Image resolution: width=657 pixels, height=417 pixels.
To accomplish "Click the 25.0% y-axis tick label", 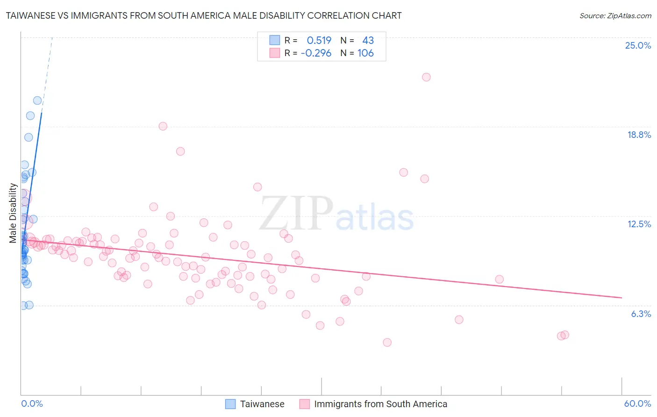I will pyautogui.click(x=638, y=46).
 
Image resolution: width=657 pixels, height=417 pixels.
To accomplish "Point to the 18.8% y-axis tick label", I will pyautogui.click(x=639, y=135).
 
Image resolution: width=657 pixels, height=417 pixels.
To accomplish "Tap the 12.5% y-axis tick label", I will pyautogui.click(x=639, y=224).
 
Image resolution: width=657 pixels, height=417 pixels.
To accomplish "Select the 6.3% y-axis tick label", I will pyautogui.click(x=641, y=314).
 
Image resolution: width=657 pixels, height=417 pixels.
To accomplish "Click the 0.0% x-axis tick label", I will pyautogui.click(x=32, y=404).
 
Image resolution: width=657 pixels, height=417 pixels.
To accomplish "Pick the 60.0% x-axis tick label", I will pyautogui.click(x=637, y=404).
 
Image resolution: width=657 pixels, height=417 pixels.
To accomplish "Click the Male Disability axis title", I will pyautogui.click(x=13, y=213).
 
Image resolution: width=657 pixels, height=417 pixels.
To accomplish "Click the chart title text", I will pyautogui.click(x=204, y=16).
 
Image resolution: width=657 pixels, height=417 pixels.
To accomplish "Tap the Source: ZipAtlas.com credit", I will pyautogui.click(x=615, y=16).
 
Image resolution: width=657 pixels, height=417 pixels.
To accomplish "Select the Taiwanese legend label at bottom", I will pyautogui.click(x=262, y=404).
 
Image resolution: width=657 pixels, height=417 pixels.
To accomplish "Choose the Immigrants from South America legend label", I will pyautogui.click(x=380, y=404).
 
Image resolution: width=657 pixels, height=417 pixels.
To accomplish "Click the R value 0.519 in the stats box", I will pyautogui.click(x=319, y=41).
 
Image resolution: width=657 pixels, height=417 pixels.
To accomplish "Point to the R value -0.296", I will pyautogui.click(x=316, y=53).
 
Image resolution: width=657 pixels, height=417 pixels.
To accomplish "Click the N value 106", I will pyautogui.click(x=365, y=53).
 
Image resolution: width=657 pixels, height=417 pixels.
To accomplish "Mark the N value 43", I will pyautogui.click(x=368, y=41).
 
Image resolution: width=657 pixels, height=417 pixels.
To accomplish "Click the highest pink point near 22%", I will pyautogui.click(x=426, y=77).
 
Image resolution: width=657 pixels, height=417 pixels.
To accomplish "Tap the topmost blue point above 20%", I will pyautogui.click(x=37, y=101).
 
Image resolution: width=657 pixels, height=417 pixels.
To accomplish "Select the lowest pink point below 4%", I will pyautogui.click(x=387, y=343).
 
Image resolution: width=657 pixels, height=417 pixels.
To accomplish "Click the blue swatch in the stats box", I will pyautogui.click(x=274, y=40).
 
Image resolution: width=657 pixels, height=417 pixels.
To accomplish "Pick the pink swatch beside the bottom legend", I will pyautogui.click(x=305, y=404).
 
